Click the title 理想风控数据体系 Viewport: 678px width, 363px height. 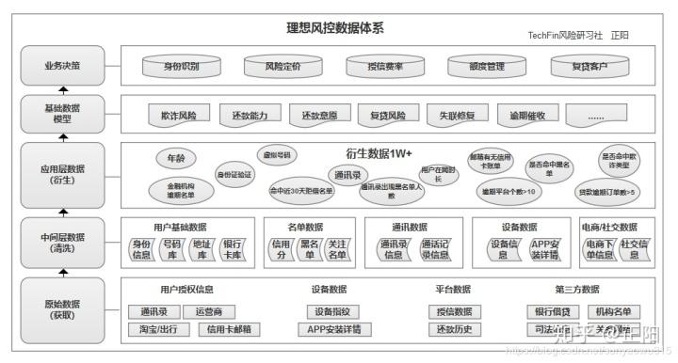[335, 28]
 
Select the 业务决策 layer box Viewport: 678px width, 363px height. [62, 66]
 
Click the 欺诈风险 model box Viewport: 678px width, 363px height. [179, 116]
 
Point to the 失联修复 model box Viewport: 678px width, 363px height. [458, 116]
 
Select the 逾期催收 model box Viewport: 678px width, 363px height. [527, 116]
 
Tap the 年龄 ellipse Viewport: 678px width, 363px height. [176, 159]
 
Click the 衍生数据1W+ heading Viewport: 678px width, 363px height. [380, 153]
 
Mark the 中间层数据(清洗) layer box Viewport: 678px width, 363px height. [62, 244]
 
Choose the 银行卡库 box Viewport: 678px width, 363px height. [232, 249]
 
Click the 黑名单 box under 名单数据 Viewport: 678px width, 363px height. [309, 249]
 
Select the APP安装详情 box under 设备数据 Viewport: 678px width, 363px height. [544, 249]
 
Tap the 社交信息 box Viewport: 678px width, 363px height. [638, 249]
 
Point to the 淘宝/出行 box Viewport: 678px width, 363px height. [158, 329]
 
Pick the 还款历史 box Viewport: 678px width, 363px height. [454, 329]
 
